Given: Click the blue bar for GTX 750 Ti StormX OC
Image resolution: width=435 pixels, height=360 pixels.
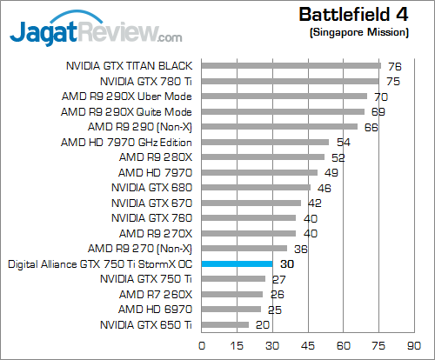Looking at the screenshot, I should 237,263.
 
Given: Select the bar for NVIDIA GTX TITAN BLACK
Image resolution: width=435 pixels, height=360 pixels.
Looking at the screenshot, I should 291,65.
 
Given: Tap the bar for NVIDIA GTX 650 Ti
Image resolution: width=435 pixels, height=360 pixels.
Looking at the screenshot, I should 225,324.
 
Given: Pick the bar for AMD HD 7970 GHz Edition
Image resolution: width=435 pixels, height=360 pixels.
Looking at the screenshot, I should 265,142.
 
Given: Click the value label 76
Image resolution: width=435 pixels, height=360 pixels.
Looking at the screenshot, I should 394,65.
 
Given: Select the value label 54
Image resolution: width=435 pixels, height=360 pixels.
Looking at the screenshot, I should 343,142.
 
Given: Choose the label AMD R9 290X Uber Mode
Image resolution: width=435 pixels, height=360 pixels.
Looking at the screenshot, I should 127,96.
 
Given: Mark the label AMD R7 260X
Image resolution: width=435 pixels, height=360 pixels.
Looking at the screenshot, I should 155,294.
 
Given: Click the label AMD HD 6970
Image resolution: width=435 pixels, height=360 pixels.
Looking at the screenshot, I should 155,309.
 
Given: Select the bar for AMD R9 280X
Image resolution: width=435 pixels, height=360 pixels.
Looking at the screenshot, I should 263,157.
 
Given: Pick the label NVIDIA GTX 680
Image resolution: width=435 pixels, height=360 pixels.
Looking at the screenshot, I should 151,187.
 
